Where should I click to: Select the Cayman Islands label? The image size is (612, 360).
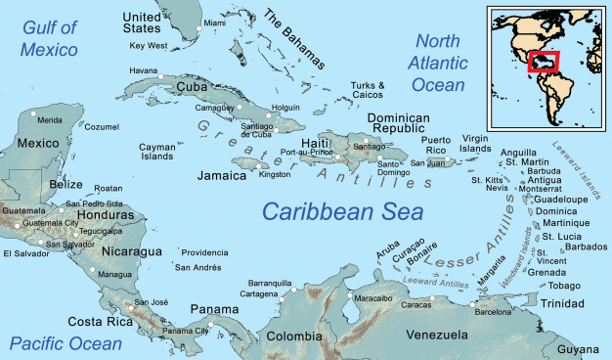tap(156, 151)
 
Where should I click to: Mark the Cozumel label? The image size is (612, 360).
tap(102, 127)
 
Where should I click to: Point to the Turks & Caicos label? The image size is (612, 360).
tap(367, 90)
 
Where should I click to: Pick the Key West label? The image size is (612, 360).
tap(149, 46)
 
